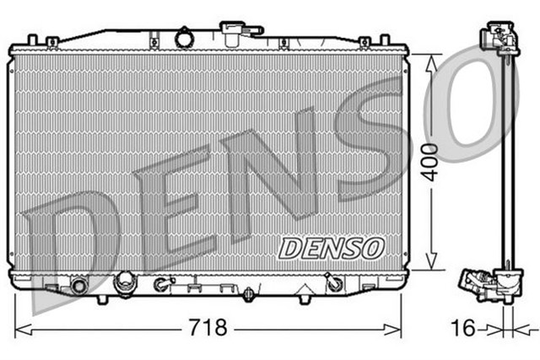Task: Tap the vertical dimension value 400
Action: click(x=430, y=159)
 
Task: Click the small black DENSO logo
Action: click(x=331, y=246)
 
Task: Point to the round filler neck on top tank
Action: click(x=185, y=37)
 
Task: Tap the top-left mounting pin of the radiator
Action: click(x=31, y=40)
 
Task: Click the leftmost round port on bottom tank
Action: click(x=80, y=285)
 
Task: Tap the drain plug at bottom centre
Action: click(x=248, y=294)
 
